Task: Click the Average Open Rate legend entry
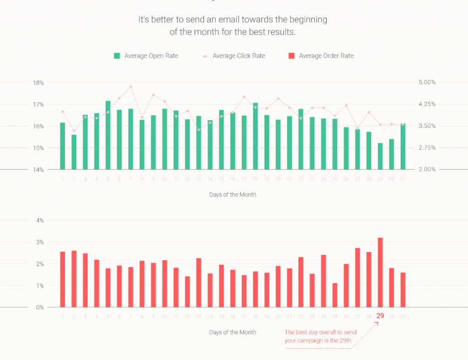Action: pos(146,56)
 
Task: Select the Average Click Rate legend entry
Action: pos(234,56)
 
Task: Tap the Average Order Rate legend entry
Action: pos(321,56)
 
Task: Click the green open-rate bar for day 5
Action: pos(108,135)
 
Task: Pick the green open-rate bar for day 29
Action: pos(380,156)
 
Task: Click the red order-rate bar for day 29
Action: pos(380,272)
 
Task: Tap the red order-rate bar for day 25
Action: pos(335,295)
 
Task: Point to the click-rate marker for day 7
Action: pos(131,86)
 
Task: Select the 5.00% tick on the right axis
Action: pos(427,82)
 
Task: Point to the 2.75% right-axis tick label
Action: pos(427,148)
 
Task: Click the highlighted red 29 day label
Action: pos(380,316)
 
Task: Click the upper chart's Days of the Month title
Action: pos(233,194)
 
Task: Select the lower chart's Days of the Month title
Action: pos(233,332)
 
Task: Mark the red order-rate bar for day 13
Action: pos(199,282)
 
